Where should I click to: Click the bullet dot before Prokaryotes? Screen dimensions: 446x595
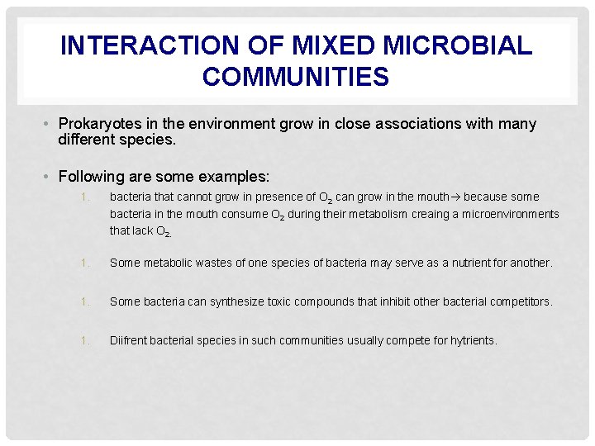[50, 125]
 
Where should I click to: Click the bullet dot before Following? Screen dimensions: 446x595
[50, 178]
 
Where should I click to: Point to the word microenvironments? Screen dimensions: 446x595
[508, 214]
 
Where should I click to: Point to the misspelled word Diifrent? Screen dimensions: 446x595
[128, 339]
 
